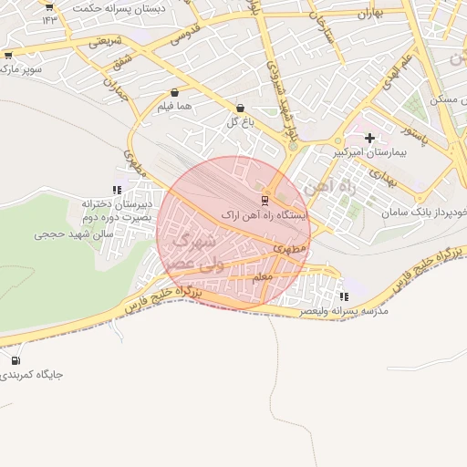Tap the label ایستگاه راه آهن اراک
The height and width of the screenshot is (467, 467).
[x=265, y=215]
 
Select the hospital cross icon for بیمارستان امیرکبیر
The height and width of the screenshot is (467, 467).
[x=369, y=138]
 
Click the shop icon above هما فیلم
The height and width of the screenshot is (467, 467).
[x=174, y=92]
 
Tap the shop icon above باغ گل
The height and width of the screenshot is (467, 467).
[x=240, y=108]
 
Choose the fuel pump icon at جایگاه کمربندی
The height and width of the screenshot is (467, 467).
[x=16, y=359]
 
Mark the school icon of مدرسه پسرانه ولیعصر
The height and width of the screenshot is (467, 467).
[x=343, y=296]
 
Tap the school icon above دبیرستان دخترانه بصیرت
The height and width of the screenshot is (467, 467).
[x=116, y=190]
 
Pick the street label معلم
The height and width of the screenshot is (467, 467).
[x=261, y=275]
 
